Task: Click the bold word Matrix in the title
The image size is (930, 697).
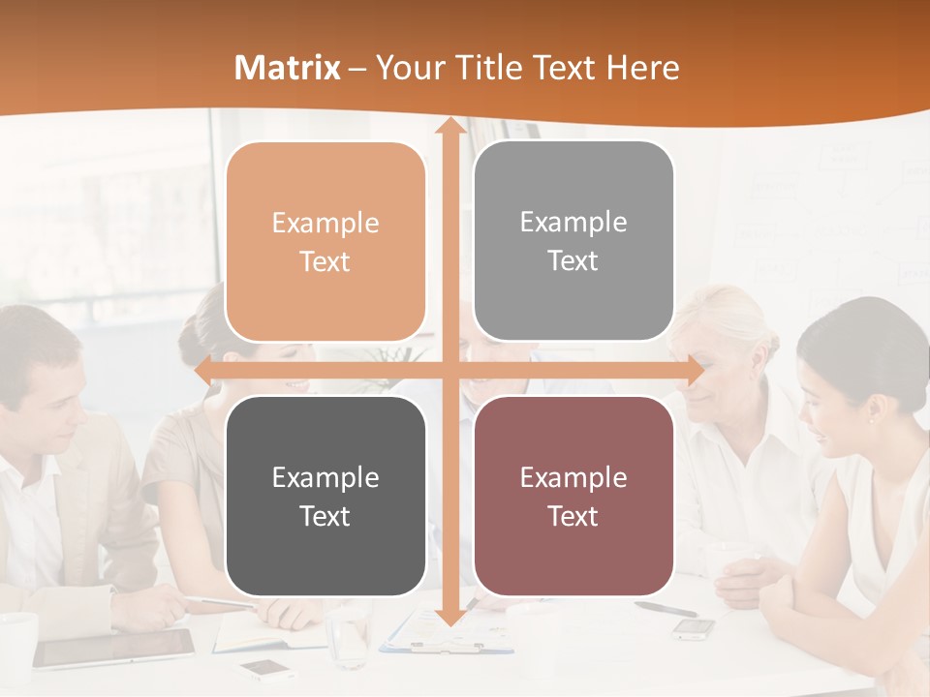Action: [288, 68]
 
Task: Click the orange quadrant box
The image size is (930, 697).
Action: [325, 242]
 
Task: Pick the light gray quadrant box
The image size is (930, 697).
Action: [573, 241]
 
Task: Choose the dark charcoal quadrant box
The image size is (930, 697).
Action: [325, 496]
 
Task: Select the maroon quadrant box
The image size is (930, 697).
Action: [573, 496]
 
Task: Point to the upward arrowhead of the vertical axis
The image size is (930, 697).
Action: [449, 127]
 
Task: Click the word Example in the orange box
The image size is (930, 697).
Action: [325, 224]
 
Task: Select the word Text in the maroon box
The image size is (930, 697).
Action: [573, 516]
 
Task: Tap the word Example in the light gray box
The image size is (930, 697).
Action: [573, 223]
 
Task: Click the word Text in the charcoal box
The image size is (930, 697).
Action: [325, 516]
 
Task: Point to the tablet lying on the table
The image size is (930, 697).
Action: [114, 648]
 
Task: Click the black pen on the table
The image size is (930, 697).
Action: [666, 608]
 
